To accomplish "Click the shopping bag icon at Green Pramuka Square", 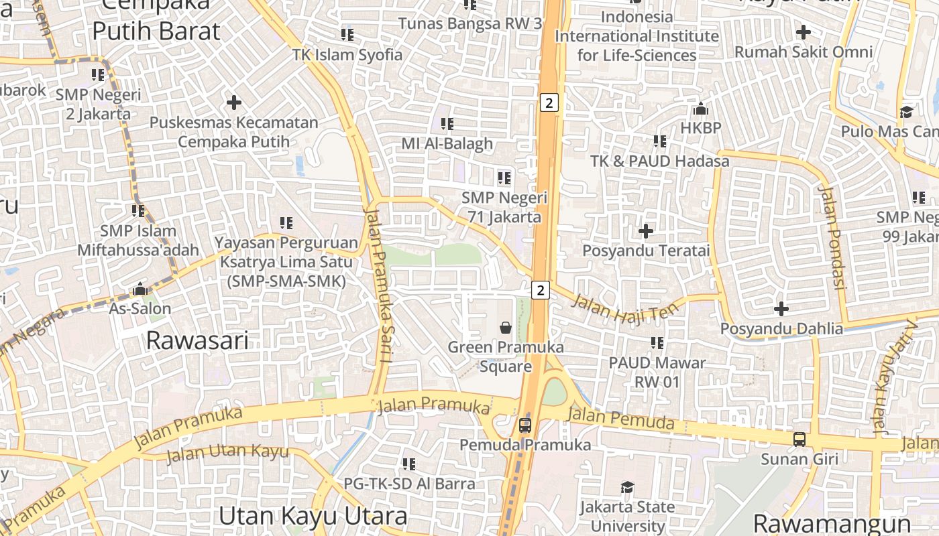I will [x=506, y=328].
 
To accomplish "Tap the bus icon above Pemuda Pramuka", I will [x=524, y=425].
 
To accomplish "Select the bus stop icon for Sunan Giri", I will [x=799, y=440].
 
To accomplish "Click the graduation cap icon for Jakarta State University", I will [x=627, y=487].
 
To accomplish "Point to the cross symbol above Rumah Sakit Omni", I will [x=803, y=31].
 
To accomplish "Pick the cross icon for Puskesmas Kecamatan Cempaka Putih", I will [x=233, y=103].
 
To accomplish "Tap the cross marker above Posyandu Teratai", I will [x=646, y=231].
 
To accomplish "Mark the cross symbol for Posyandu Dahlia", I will [x=781, y=309].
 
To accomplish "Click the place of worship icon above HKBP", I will [x=701, y=109].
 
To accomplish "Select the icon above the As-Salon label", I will [x=140, y=289].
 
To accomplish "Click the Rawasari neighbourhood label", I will [x=197, y=340].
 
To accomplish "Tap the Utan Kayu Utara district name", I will [x=313, y=516].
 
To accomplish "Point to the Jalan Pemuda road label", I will [x=620, y=419].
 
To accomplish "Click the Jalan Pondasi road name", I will [x=830, y=237].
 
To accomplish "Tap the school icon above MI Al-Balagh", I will [x=447, y=124].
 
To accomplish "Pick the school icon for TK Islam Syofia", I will [x=347, y=34].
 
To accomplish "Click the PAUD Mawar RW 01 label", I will [x=657, y=372].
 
